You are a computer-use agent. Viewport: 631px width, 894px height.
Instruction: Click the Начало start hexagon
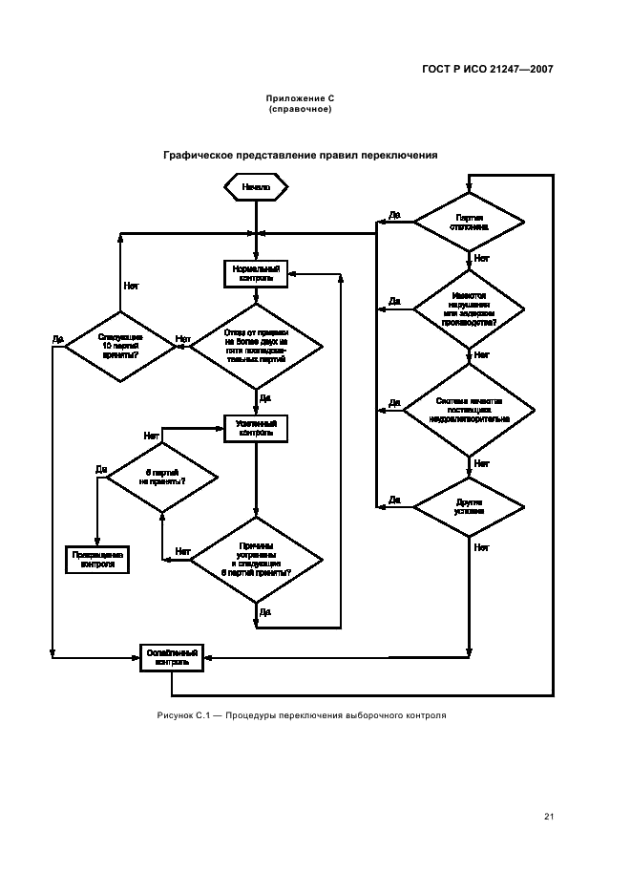[256, 187]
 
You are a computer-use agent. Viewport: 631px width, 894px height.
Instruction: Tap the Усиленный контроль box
[256, 427]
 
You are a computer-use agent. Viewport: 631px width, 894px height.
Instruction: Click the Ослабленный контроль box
[172, 656]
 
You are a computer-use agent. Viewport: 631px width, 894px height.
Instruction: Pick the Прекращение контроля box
[97, 559]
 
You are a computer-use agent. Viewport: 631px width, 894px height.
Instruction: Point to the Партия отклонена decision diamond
[469, 223]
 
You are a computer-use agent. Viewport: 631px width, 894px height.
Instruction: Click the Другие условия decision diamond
[469, 505]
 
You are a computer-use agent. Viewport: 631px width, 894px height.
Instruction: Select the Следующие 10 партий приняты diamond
[119, 346]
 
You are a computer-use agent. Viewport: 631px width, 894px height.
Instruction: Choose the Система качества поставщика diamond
[469, 410]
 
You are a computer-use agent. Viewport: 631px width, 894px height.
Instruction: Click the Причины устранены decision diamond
[256, 560]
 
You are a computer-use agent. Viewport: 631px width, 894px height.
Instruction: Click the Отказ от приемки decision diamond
[256, 346]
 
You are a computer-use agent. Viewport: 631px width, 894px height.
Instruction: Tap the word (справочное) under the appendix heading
[300, 109]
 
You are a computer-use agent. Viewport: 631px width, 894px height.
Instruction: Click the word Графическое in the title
[203, 154]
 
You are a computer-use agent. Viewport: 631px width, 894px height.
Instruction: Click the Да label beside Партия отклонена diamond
[394, 216]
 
